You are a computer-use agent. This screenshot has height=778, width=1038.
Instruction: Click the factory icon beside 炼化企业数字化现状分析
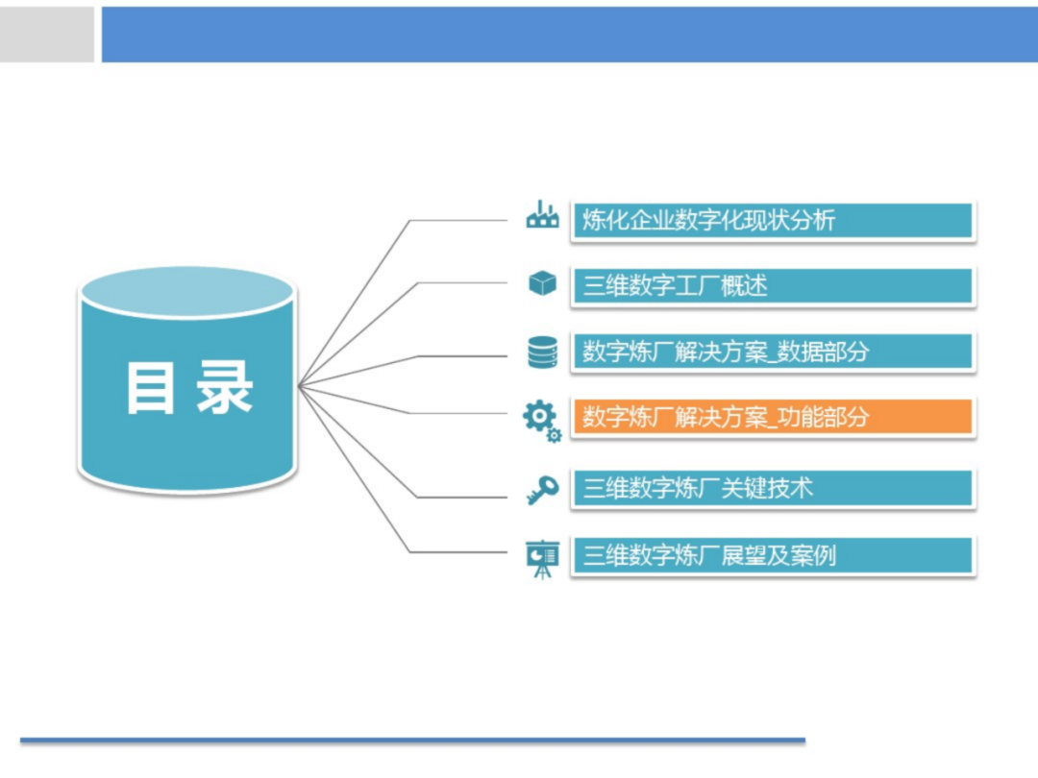542,216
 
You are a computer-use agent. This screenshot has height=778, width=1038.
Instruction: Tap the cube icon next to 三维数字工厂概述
542,283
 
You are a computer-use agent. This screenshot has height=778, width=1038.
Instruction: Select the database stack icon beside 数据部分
542,352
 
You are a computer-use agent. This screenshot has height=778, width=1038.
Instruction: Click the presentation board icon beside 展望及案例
542,558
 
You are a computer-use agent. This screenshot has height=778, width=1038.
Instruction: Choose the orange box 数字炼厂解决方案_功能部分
773,418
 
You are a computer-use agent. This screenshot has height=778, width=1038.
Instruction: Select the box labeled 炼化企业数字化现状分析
773,220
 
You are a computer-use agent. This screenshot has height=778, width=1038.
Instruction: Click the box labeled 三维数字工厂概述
773,286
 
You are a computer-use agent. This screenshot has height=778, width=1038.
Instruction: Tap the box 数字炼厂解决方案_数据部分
773,352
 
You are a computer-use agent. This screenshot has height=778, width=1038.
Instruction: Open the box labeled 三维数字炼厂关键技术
773,488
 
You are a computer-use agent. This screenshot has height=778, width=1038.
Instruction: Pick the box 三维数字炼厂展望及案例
773,555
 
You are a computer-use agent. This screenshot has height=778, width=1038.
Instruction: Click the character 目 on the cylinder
152,388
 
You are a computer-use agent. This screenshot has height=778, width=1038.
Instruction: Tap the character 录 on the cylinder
225,388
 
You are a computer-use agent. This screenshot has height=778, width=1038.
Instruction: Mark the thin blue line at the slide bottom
413,740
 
